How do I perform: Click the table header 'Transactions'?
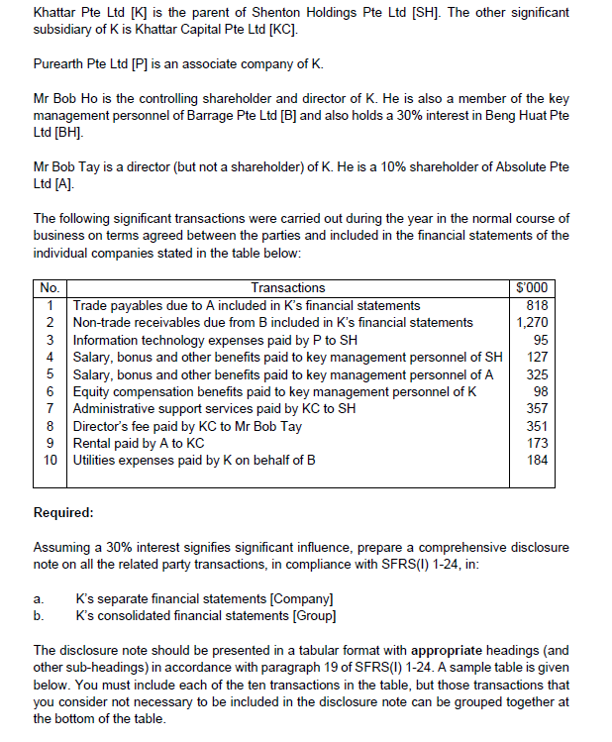(287, 288)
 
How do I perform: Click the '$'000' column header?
(532, 288)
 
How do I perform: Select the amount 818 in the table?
(536, 305)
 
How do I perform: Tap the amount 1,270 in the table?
(532, 322)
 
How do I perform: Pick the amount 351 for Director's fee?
(536, 426)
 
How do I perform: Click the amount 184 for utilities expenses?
(536, 461)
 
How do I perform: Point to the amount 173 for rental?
(536, 443)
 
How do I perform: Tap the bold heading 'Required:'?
(63, 513)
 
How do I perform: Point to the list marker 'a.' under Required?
(39, 599)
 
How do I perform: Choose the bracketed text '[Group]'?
(315, 616)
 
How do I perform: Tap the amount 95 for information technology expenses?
(540, 340)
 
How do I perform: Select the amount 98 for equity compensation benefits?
(540, 391)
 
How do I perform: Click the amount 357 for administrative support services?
(536, 408)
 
